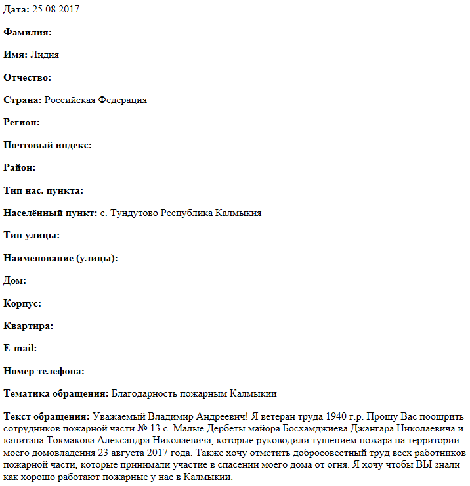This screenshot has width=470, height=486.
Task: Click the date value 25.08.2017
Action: [x=56, y=10]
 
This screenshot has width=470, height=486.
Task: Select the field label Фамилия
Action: [x=28, y=32]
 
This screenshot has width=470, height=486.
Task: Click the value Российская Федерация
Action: [x=96, y=100]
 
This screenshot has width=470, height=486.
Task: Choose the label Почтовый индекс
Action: [x=47, y=145]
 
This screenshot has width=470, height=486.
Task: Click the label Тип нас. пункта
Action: [x=43, y=190]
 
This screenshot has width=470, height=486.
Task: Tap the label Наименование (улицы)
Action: [x=60, y=258]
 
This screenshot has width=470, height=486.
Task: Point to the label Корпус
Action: [x=22, y=303]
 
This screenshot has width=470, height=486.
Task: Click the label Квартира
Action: [x=28, y=326]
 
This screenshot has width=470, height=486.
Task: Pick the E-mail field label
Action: [x=20, y=348]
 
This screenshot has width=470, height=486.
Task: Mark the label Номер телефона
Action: [x=44, y=371]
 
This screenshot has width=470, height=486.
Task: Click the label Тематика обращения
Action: [x=56, y=393]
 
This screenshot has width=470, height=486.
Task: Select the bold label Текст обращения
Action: [x=46, y=416]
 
